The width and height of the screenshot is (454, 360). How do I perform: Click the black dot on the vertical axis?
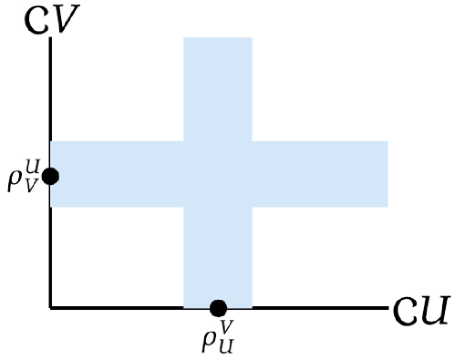[51, 175]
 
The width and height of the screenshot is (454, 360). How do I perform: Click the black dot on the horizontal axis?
[218, 308]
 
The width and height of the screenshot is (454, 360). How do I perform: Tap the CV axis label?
[51, 19]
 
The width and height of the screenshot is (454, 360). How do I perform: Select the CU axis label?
[421, 311]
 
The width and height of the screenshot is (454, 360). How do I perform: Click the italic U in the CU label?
[433, 311]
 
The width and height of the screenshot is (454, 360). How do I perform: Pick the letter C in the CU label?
[407, 312]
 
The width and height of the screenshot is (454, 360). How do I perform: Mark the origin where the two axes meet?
[51, 308]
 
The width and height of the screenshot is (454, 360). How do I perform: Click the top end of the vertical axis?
[51, 40]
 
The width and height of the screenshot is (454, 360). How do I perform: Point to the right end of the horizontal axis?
[387, 308]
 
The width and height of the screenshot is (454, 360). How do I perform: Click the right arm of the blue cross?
[320, 173]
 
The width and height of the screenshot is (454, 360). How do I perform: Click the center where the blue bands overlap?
[218, 173]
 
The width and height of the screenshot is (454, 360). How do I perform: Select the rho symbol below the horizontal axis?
[209, 339]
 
